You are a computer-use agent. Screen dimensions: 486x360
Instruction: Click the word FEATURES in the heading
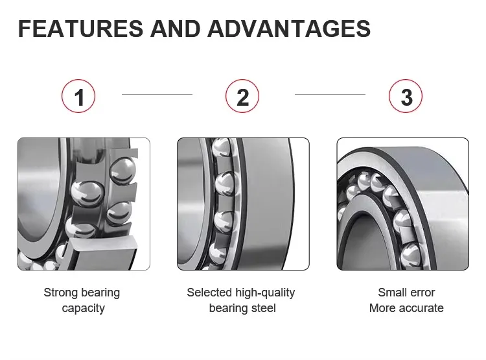point(80,29)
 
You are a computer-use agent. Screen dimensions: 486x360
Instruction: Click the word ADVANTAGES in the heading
point(289,29)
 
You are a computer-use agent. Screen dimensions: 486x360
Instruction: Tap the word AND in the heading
point(176,29)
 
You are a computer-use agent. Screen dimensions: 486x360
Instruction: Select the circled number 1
point(78,96)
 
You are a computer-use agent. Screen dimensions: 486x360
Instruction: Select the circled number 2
point(242,96)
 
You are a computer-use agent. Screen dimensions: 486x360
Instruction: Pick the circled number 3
point(406,96)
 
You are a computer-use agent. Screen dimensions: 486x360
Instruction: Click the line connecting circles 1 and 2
point(157,94)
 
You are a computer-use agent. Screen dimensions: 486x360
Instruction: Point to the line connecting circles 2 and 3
point(330,94)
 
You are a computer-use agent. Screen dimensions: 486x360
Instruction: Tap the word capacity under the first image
point(84,309)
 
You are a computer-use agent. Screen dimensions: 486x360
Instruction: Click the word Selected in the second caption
point(209,293)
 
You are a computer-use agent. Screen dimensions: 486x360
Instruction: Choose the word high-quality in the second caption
point(265,293)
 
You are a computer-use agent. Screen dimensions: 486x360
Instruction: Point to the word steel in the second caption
point(264,308)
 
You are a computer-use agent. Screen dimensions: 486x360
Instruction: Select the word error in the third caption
point(422,293)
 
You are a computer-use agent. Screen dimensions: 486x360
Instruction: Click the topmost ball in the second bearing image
point(222,147)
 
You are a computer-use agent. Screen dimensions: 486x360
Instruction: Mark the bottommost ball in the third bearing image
point(411,256)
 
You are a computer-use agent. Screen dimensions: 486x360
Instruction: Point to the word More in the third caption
point(382,308)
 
